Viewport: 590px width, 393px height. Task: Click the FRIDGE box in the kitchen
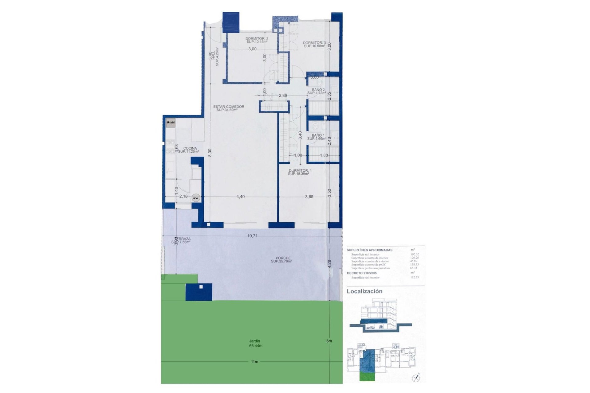(x=171, y=123)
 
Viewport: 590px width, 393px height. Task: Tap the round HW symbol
(x=196, y=198)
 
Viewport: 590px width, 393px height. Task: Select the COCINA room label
(x=190, y=149)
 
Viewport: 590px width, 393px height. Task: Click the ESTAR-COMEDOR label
(x=229, y=107)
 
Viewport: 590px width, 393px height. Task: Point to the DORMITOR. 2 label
(x=257, y=39)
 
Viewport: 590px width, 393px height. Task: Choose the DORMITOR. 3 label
(x=314, y=43)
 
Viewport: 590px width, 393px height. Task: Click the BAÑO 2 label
(x=318, y=90)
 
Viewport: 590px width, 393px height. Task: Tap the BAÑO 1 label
(x=318, y=135)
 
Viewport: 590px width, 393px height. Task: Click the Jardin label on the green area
(x=255, y=341)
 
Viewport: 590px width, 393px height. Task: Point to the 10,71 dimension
(x=252, y=236)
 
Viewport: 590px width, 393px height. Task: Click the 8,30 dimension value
(x=210, y=153)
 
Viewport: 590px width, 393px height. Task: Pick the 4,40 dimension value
(x=241, y=197)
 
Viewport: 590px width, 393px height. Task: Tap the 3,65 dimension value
(x=309, y=197)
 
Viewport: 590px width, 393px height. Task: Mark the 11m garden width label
(x=254, y=362)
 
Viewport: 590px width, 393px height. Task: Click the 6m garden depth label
(x=329, y=341)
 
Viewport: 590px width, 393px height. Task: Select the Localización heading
(x=364, y=291)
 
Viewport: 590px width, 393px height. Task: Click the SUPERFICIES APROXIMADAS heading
(x=369, y=250)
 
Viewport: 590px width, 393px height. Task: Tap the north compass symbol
(x=417, y=377)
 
